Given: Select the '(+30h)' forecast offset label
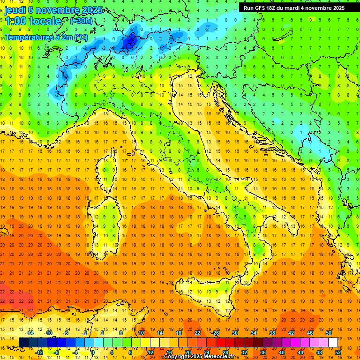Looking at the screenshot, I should [x=81, y=21].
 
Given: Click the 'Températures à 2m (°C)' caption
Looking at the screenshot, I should [x=45, y=37].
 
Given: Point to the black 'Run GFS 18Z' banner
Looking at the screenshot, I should [x=294, y=8].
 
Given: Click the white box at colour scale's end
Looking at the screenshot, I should [x=333, y=343].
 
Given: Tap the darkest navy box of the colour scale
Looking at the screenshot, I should [x=23, y=343].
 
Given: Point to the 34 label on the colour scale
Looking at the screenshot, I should [x=254, y=333].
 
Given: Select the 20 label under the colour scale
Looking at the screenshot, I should [x=187, y=352].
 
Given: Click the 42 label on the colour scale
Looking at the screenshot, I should [x=291, y=333].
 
